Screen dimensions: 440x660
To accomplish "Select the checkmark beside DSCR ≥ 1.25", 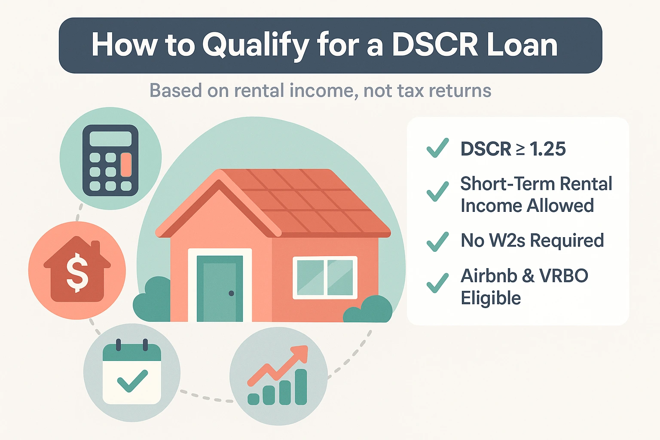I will click(437, 148).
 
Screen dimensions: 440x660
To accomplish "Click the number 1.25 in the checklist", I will click(547, 149).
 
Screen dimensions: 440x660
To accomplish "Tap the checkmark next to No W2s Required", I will click(437, 241).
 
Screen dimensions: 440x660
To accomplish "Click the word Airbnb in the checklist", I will click(489, 276).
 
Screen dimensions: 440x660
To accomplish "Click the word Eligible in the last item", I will click(491, 298).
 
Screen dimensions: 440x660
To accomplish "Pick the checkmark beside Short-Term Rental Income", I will click(437, 191).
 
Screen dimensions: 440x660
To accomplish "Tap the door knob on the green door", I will click(231, 293).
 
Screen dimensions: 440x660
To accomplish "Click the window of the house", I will click(325, 278).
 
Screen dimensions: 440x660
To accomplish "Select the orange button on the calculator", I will click(126, 165).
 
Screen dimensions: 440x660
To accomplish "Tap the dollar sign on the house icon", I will click(77, 272).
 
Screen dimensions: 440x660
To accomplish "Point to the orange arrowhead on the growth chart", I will click(301, 353).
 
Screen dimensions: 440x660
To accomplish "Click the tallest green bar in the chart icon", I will click(301, 387).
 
